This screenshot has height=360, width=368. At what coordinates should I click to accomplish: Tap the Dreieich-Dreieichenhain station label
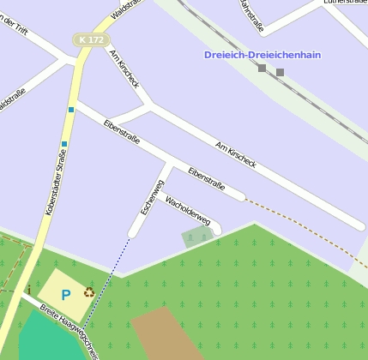coord(262,55)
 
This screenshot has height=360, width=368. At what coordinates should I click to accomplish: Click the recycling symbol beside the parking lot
coord(89,292)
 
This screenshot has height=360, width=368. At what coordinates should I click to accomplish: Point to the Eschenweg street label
coord(151,198)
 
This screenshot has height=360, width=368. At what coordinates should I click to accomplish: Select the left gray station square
coord(262,68)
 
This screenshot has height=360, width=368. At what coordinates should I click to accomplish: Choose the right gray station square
coord(280,73)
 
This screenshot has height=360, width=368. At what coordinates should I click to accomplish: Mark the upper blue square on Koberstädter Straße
coord(71,110)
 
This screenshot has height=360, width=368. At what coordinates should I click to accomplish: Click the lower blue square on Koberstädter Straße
coord(64,144)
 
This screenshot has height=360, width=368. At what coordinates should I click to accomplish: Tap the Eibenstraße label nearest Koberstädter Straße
coord(121,133)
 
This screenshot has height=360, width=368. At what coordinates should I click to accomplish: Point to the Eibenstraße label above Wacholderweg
coord(206,178)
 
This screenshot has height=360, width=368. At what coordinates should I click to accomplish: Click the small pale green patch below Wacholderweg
coord(196,236)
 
